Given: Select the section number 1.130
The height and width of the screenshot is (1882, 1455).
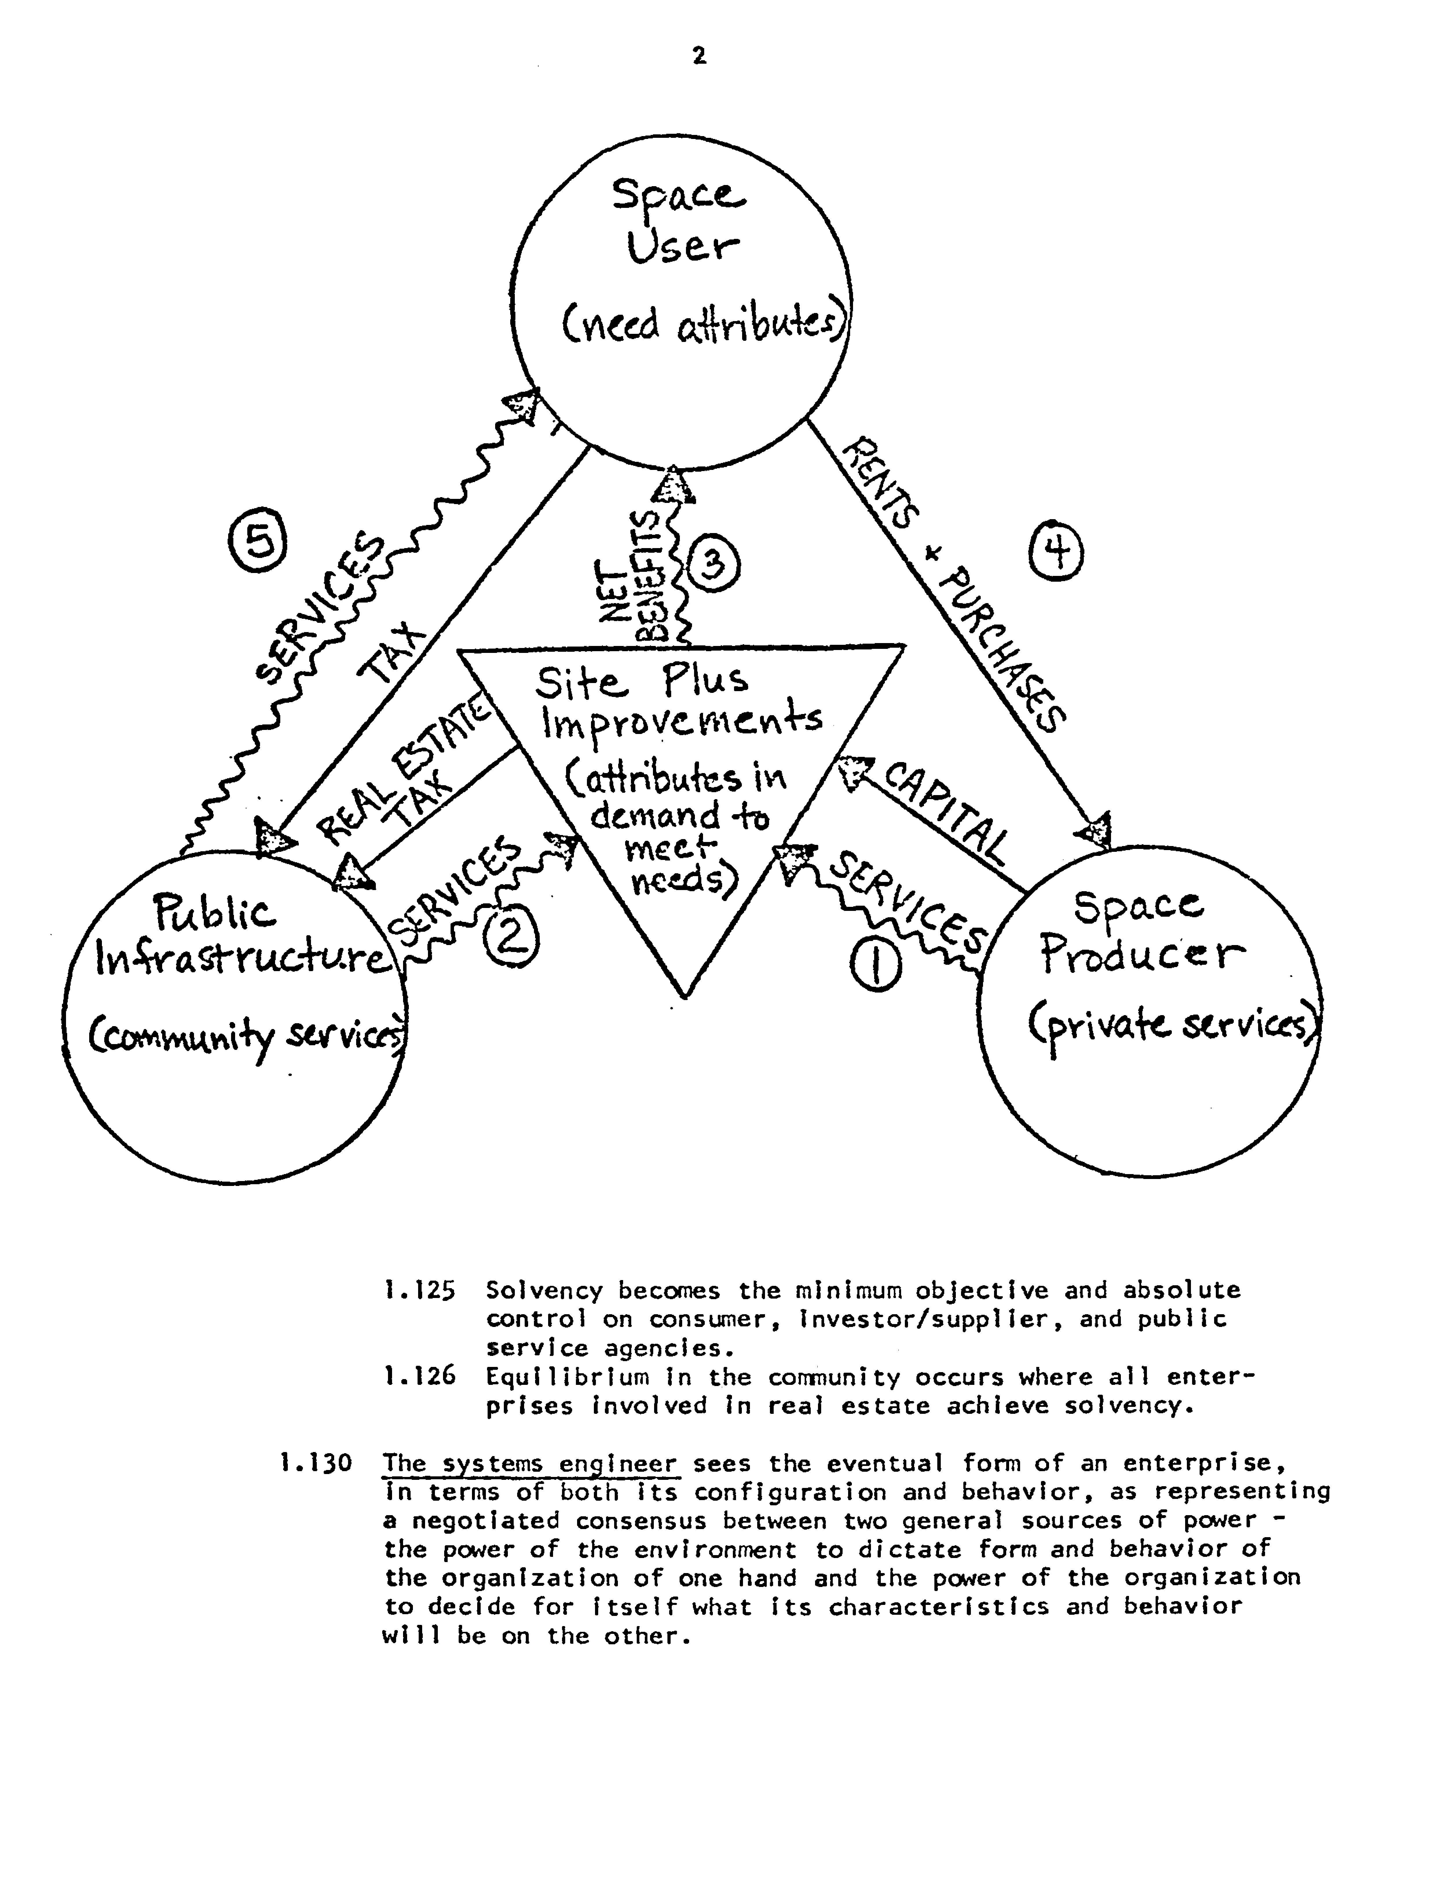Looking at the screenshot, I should (316, 1462).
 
